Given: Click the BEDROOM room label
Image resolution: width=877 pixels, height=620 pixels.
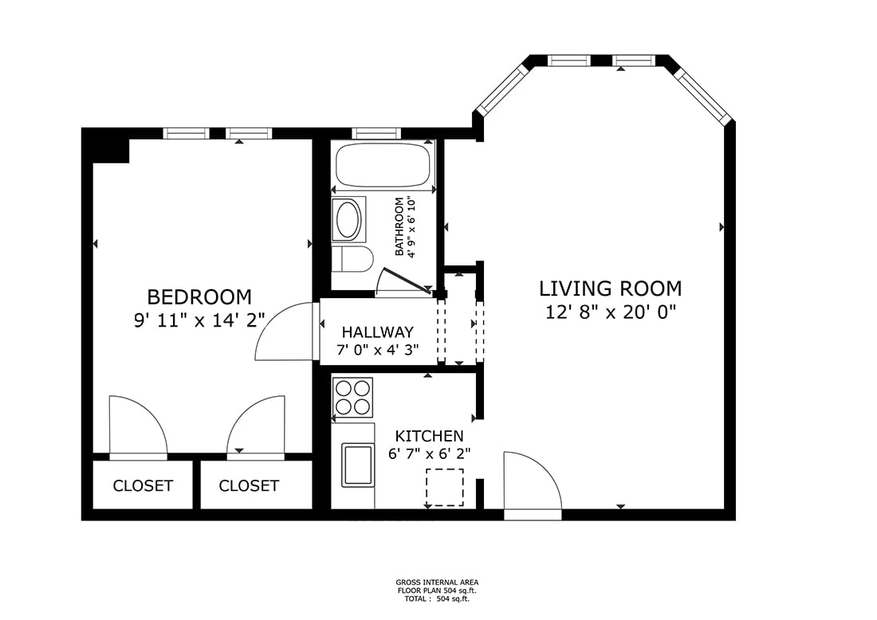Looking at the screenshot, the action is [199, 296].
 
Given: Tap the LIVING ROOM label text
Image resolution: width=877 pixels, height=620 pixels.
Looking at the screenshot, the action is [610, 288].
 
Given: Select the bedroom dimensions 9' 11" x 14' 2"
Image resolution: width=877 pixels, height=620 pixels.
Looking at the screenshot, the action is [199, 320].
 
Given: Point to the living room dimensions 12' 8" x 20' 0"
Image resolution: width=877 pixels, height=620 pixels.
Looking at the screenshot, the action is [611, 312].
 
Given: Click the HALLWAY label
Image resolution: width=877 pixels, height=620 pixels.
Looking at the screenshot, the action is [378, 332].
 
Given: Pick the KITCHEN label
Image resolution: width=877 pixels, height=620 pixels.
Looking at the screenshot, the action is [429, 435].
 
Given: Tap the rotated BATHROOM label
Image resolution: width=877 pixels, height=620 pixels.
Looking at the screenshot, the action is [399, 226].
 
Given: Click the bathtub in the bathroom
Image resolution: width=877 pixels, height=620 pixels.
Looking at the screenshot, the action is [383, 165].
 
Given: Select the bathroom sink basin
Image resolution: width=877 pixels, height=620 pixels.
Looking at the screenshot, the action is [348, 219].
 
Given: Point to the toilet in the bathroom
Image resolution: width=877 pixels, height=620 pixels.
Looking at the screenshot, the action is [352, 259].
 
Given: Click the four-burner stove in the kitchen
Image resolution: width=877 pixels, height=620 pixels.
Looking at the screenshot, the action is [352, 398].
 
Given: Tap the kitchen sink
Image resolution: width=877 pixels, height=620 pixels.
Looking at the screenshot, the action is [358, 465].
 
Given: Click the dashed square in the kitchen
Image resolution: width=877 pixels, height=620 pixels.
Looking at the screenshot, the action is [445, 488].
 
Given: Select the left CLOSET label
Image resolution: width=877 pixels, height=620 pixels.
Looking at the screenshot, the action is [143, 486].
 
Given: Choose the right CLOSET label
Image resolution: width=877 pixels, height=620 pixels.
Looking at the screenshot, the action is [248, 486].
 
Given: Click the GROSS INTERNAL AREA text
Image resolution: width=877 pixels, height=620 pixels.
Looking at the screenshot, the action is [437, 582].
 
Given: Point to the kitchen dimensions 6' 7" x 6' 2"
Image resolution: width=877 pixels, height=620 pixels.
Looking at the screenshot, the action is [429, 453].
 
